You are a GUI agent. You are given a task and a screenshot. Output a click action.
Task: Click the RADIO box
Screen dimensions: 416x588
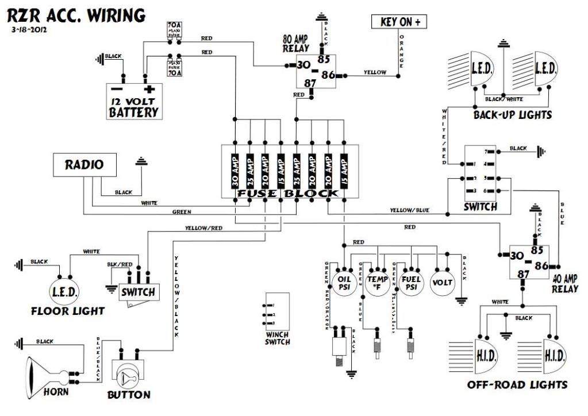(x=84, y=165)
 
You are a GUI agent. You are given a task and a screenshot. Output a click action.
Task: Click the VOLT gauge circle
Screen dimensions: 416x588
(x=443, y=283)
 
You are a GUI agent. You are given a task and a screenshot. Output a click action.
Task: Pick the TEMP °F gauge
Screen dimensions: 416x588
(x=377, y=283)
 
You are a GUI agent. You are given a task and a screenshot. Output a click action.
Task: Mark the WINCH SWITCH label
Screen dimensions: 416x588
(x=278, y=338)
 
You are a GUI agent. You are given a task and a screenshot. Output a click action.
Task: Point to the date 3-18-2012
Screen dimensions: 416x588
(x=28, y=29)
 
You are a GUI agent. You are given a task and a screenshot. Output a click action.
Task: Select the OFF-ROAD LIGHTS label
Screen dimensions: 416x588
(x=517, y=384)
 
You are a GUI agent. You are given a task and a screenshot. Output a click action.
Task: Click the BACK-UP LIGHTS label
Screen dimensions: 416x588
(x=512, y=115)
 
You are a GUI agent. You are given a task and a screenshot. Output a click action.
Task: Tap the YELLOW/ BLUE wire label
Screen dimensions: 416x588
(x=410, y=210)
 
